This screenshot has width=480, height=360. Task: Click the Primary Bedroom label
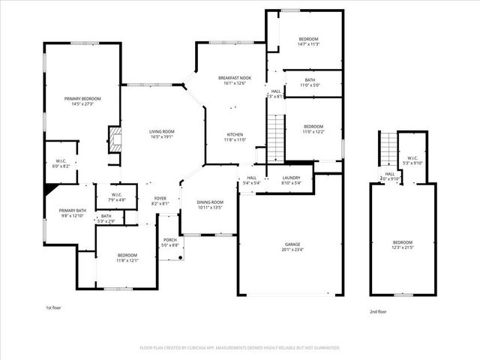pos(82,99)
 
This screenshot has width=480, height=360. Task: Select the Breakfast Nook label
pos(235,78)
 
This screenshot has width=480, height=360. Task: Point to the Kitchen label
pos(235,134)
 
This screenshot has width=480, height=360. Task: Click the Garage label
pos(292,244)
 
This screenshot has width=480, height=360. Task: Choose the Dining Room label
pos(210,202)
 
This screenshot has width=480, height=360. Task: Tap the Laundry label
pos(291,177)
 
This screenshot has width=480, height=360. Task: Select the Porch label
pos(170,241)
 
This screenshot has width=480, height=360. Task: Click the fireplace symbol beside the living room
pos(113,139)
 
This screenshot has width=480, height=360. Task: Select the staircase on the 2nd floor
pos(388,150)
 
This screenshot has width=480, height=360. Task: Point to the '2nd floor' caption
pos(378,311)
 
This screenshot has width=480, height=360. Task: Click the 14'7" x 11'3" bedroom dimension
pos(309,44)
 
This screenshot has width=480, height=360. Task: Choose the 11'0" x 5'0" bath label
pos(310,85)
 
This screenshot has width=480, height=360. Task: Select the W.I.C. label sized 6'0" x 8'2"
pos(61,165)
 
